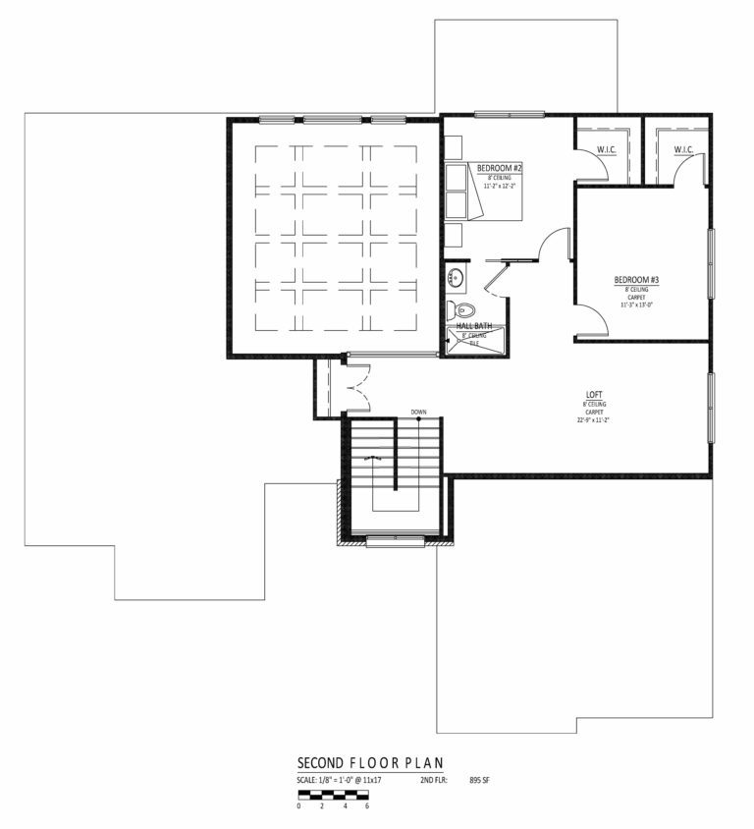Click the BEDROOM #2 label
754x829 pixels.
tap(499, 168)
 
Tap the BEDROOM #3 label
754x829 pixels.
tap(636, 280)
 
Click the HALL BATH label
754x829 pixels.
tap(473, 325)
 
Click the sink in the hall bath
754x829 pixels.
tap(456, 277)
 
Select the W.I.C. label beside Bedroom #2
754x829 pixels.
tap(606, 149)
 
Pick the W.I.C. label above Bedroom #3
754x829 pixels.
tap(684, 149)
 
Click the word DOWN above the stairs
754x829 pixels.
tap(418, 412)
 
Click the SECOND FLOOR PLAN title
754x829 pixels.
tap(370, 763)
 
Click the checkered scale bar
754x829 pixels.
tap(333, 793)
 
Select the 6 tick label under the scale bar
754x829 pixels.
tap(366, 805)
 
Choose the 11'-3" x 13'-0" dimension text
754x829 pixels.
tap(636, 304)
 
